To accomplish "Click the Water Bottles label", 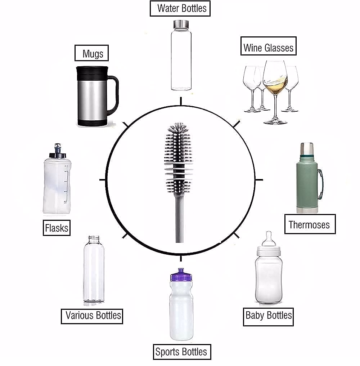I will [180, 9].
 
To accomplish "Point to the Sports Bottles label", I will [181, 352].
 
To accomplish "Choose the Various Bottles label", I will [93, 316].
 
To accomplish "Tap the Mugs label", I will [92, 53].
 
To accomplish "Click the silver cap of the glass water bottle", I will [181, 24].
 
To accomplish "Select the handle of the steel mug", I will [115, 94].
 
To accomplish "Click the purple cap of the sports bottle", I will [181, 276].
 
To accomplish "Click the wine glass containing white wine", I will [275, 79].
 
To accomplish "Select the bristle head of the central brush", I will [178, 155].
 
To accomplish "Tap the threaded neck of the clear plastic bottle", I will [93, 240].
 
